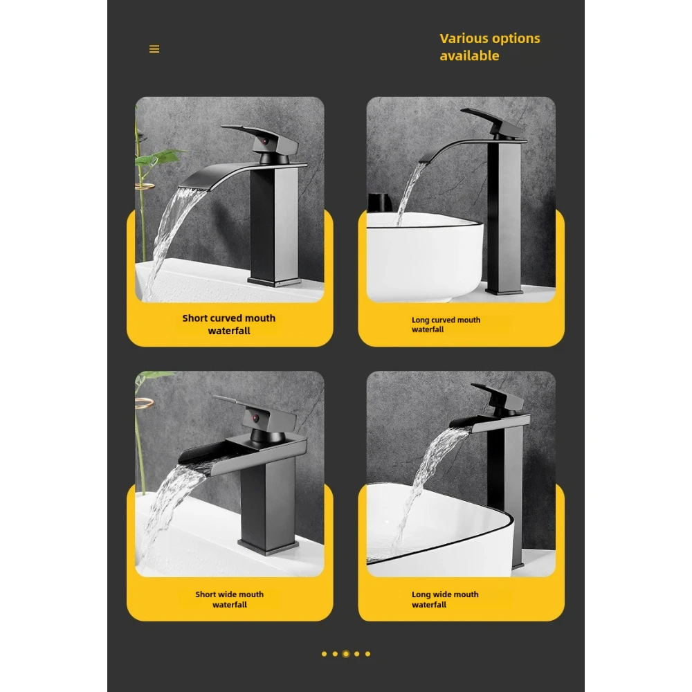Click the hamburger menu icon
(154, 49)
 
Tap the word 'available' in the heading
(469, 56)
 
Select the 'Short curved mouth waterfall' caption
(229, 325)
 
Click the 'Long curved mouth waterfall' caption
(446, 325)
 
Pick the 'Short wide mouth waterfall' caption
(229, 599)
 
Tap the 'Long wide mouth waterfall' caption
(445, 599)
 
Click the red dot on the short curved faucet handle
(264, 141)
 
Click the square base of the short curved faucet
(275, 280)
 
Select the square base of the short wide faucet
(266, 547)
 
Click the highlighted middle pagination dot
(346, 653)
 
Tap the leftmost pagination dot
(324, 653)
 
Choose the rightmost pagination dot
(367, 653)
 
